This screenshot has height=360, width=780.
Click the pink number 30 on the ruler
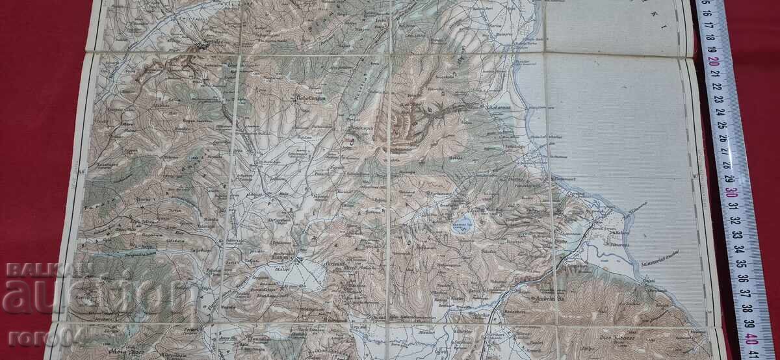coord(732,192)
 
